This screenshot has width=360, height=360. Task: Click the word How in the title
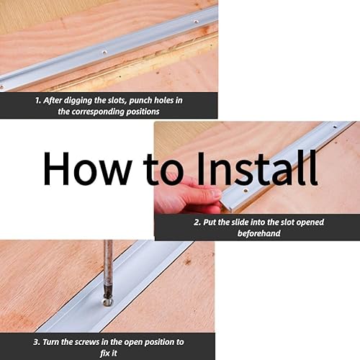[x=88, y=168]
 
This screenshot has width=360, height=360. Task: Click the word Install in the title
[x=257, y=168]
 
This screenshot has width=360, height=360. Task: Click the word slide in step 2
[x=240, y=222]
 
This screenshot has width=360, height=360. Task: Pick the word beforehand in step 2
[x=259, y=233]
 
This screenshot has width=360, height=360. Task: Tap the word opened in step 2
[x=310, y=222]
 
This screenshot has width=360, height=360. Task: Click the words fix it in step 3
[x=109, y=354]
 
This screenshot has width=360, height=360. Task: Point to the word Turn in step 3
[x=50, y=342]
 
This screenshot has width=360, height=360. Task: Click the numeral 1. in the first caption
[x=38, y=101]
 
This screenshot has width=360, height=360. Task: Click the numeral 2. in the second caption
[x=197, y=222]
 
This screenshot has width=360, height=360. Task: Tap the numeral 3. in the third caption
[x=37, y=342]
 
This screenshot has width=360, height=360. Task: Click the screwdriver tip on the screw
[x=107, y=302]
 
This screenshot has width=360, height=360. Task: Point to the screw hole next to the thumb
[x=246, y=192]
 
